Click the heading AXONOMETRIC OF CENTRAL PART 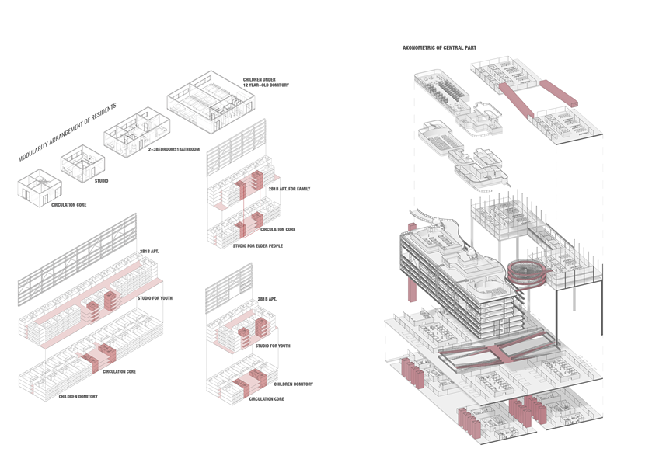(438, 48)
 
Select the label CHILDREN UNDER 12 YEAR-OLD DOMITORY (267, 82)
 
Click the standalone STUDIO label (101, 181)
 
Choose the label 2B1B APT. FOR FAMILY (289, 189)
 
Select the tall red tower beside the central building (409, 265)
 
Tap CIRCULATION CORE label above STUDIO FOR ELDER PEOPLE (278, 229)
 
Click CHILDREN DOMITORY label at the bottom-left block (78, 396)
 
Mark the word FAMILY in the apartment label (302, 189)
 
